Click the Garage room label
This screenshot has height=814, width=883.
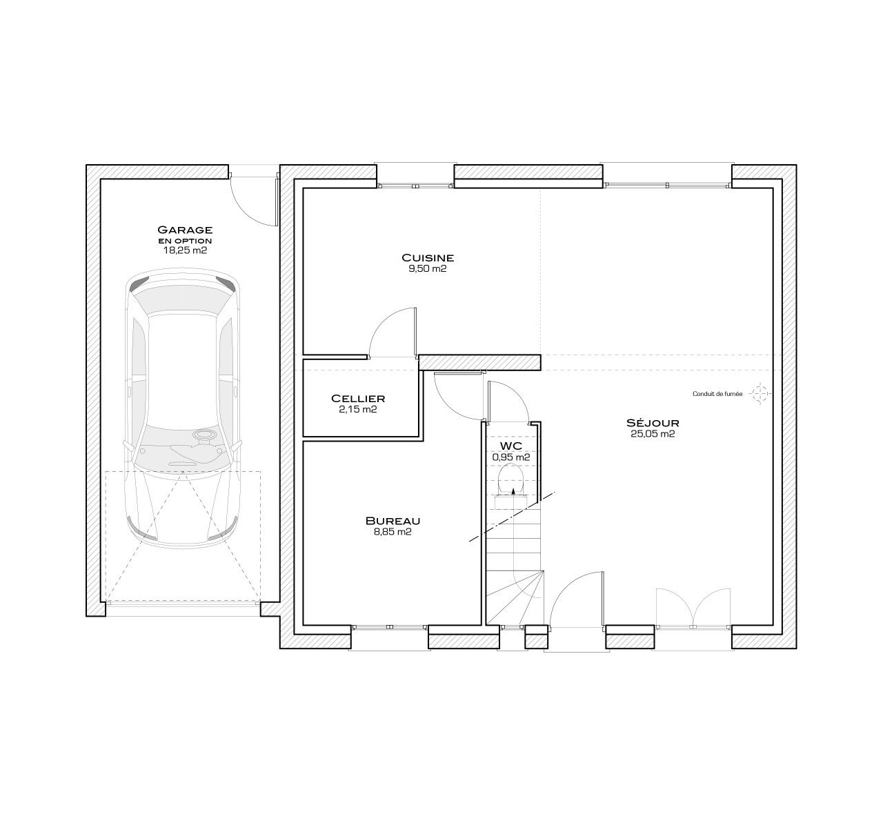[185, 230]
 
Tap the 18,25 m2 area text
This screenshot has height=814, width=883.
[185, 250]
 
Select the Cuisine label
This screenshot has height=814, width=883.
[428, 257]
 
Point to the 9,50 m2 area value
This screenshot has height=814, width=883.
[428, 268]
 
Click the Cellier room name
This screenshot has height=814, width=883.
[358, 399]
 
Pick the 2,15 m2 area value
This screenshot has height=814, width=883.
[358, 409]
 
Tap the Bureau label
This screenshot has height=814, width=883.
[393, 521]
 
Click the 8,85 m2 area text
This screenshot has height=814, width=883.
[393, 532]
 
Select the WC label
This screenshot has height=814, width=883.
[511, 446]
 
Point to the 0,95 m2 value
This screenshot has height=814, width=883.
[511, 457]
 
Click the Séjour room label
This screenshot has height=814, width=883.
[653, 422]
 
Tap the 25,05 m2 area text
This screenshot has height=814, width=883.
[653, 434]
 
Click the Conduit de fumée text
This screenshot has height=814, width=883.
[717, 394]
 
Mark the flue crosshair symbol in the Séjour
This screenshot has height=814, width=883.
[760, 393]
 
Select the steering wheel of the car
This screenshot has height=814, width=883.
[204, 434]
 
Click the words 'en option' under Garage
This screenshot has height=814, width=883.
[185, 241]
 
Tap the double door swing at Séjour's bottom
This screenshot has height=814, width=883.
[693, 607]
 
